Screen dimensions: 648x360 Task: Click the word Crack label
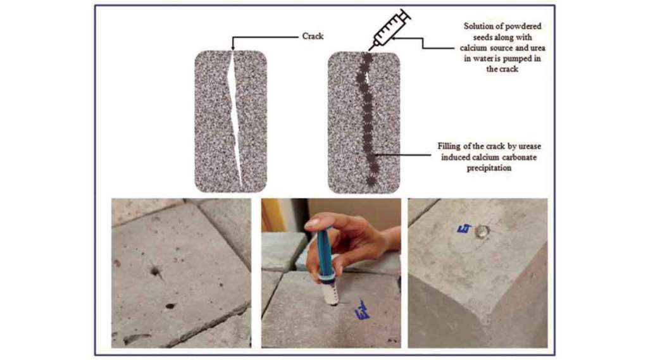[x=313, y=36]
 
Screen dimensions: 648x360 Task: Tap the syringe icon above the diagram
[x=390, y=29]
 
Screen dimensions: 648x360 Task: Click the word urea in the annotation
[x=537, y=48]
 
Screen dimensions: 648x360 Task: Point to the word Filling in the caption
[x=449, y=146]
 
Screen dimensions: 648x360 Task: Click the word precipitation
[x=489, y=168]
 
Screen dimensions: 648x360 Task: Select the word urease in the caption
[x=528, y=146]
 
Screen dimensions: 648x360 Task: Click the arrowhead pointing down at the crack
[x=233, y=47]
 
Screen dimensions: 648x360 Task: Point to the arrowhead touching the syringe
[x=394, y=38]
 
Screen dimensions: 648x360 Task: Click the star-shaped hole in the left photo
[x=156, y=271]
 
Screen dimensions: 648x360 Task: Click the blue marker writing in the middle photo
[x=363, y=310]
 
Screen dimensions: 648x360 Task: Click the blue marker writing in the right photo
[x=464, y=228]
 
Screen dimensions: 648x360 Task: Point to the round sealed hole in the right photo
[x=481, y=232]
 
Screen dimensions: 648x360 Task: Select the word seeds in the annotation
[x=483, y=37]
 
